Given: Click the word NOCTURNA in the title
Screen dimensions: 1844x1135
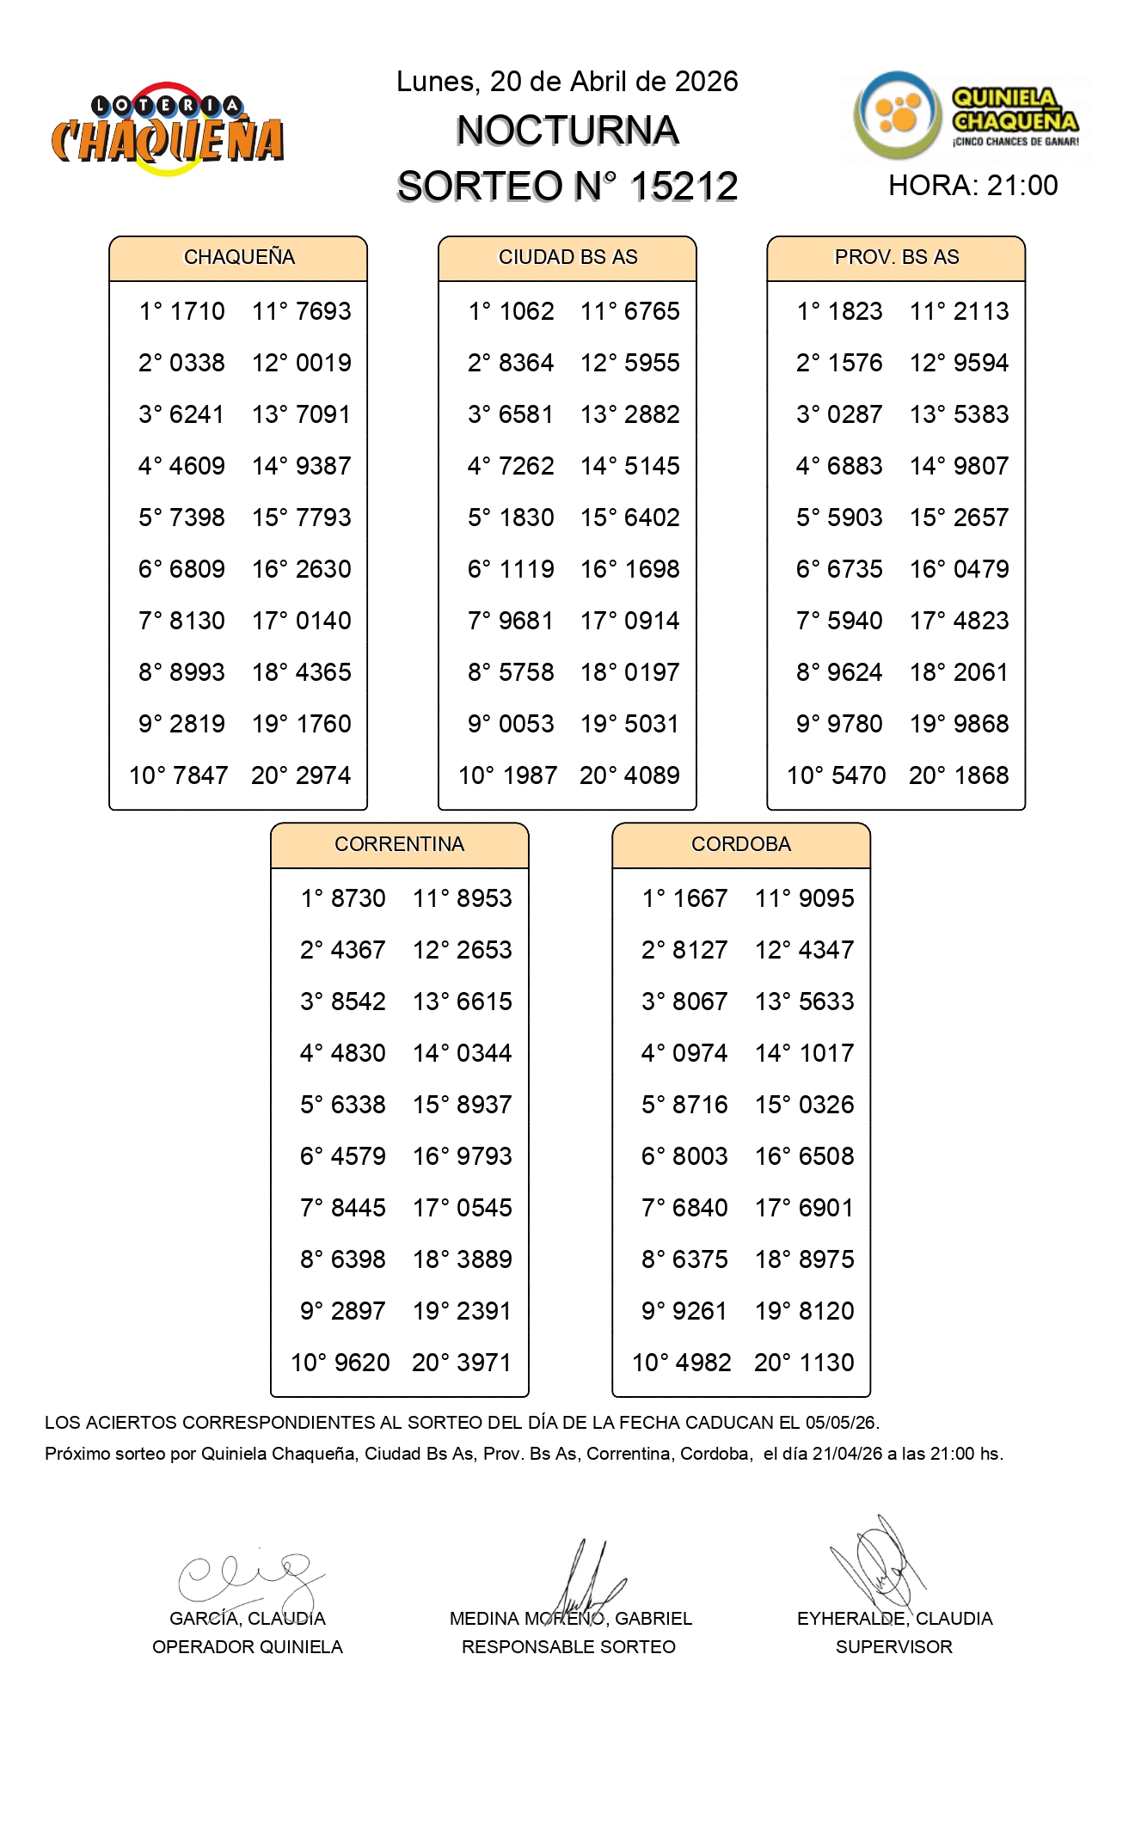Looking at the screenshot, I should tap(567, 131).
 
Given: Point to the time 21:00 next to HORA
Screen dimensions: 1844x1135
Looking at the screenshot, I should tap(1022, 186).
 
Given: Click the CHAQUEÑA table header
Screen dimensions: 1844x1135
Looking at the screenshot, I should tap(239, 257).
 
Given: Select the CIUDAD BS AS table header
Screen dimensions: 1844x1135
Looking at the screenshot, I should tap(567, 257).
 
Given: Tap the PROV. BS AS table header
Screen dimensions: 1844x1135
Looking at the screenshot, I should tap(896, 257).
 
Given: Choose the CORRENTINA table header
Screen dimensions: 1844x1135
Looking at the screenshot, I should tap(399, 844).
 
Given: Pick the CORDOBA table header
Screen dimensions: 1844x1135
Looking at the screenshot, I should tap(740, 844).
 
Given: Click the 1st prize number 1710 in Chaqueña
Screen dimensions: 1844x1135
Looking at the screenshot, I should tap(197, 311).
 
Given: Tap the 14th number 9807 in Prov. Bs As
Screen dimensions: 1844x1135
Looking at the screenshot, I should tap(981, 466).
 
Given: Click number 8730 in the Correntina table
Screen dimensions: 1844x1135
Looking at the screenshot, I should tap(358, 898).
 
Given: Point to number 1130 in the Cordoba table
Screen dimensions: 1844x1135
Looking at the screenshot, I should tap(826, 1363).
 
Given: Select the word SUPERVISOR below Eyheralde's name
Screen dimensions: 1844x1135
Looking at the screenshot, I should tap(893, 1647).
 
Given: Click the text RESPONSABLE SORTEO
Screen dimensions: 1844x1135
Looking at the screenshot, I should tap(568, 1647).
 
